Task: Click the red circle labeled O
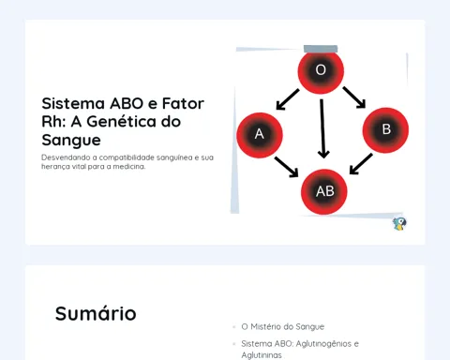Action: point(321,71)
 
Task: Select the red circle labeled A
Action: point(260,135)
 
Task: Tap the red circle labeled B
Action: point(385,130)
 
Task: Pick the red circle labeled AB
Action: point(324,192)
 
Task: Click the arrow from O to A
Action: point(288,99)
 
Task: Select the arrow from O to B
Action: point(354,97)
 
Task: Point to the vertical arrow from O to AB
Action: point(322,128)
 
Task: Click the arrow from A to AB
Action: point(287,167)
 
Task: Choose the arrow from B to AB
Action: point(361,163)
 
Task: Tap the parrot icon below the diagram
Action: point(399,224)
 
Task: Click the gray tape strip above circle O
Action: point(321,49)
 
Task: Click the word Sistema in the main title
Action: point(73,103)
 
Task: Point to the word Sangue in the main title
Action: point(71,141)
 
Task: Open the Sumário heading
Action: point(96,313)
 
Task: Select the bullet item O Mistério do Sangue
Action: point(283,326)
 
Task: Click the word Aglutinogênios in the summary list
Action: point(323,344)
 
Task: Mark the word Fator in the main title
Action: point(183,103)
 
